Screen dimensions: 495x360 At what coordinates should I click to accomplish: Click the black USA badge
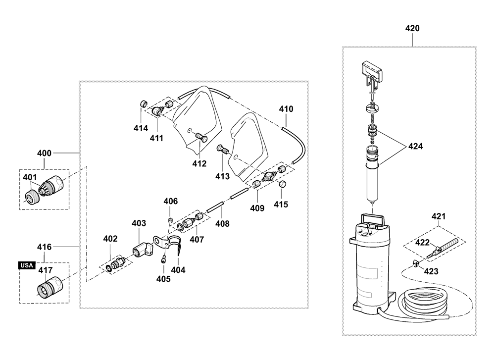(x=27, y=265)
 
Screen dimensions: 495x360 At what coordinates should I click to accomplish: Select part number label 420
(x=412, y=28)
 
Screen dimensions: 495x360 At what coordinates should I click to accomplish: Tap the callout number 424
(x=415, y=147)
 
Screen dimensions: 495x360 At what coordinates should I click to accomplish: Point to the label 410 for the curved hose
(x=286, y=109)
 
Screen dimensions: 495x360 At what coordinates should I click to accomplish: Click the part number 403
(x=139, y=224)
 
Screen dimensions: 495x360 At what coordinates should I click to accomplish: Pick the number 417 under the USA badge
(x=46, y=271)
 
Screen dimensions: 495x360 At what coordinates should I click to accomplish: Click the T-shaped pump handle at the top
(x=372, y=72)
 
